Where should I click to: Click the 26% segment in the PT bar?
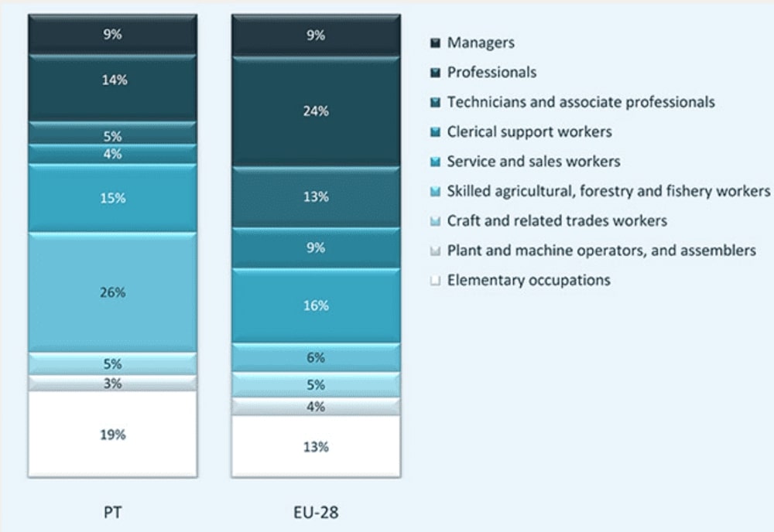click(112, 292)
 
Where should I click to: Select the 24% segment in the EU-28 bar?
click(316, 111)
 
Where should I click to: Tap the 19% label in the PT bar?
click(112, 435)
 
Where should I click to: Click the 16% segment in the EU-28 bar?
click(316, 305)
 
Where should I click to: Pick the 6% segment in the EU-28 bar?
click(316, 358)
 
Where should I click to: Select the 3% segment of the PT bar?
click(112, 384)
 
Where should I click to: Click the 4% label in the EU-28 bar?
click(316, 407)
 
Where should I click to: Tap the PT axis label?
click(112, 511)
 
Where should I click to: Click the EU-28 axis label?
click(316, 511)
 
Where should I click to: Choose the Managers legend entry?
click(480, 43)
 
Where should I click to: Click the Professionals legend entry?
click(491, 72)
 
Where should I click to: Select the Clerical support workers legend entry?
click(529, 131)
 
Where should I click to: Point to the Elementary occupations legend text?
click(529, 280)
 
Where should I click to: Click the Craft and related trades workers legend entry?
click(557, 220)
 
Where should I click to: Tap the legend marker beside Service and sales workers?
click(435, 162)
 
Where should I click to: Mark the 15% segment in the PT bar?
click(112, 198)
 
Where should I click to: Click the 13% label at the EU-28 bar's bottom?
click(316, 446)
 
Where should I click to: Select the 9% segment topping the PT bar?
click(112, 35)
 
